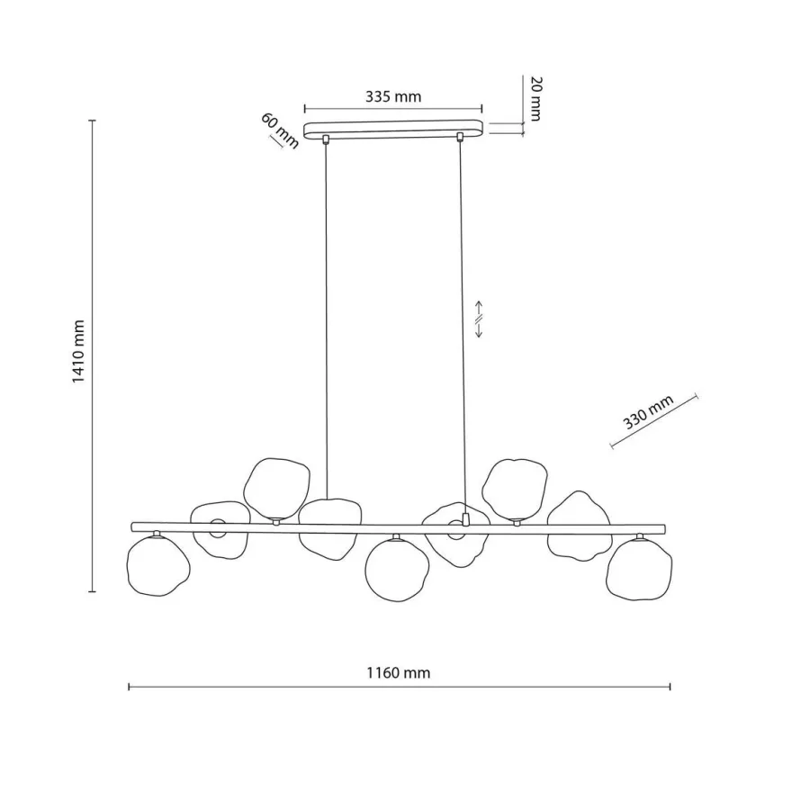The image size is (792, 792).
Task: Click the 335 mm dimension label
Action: click(x=393, y=96)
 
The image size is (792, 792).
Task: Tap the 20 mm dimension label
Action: click(x=535, y=98)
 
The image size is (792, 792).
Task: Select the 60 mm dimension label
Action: click(x=279, y=130)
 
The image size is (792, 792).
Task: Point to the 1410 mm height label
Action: click(x=77, y=351)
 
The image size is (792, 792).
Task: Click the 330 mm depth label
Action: click(x=648, y=411)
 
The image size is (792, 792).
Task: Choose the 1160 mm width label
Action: click(x=398, y=673)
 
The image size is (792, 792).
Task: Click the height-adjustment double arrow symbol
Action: click(x=479, y=319)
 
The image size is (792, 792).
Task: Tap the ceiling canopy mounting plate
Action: click(x=393, y=129)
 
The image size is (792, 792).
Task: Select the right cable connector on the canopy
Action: click(x=460, y=137)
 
